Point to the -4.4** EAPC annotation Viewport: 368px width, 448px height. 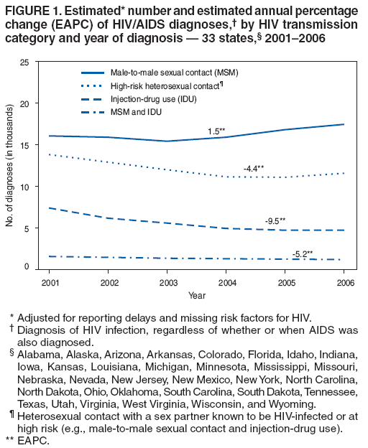tap(254, 168)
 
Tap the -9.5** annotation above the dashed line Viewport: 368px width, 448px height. tap(275, 220)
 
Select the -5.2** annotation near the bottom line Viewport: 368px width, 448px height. tap(303, 253)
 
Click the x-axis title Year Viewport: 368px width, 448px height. tap(197, 295)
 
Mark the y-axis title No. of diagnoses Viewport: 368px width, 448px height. tap(9, 165)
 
